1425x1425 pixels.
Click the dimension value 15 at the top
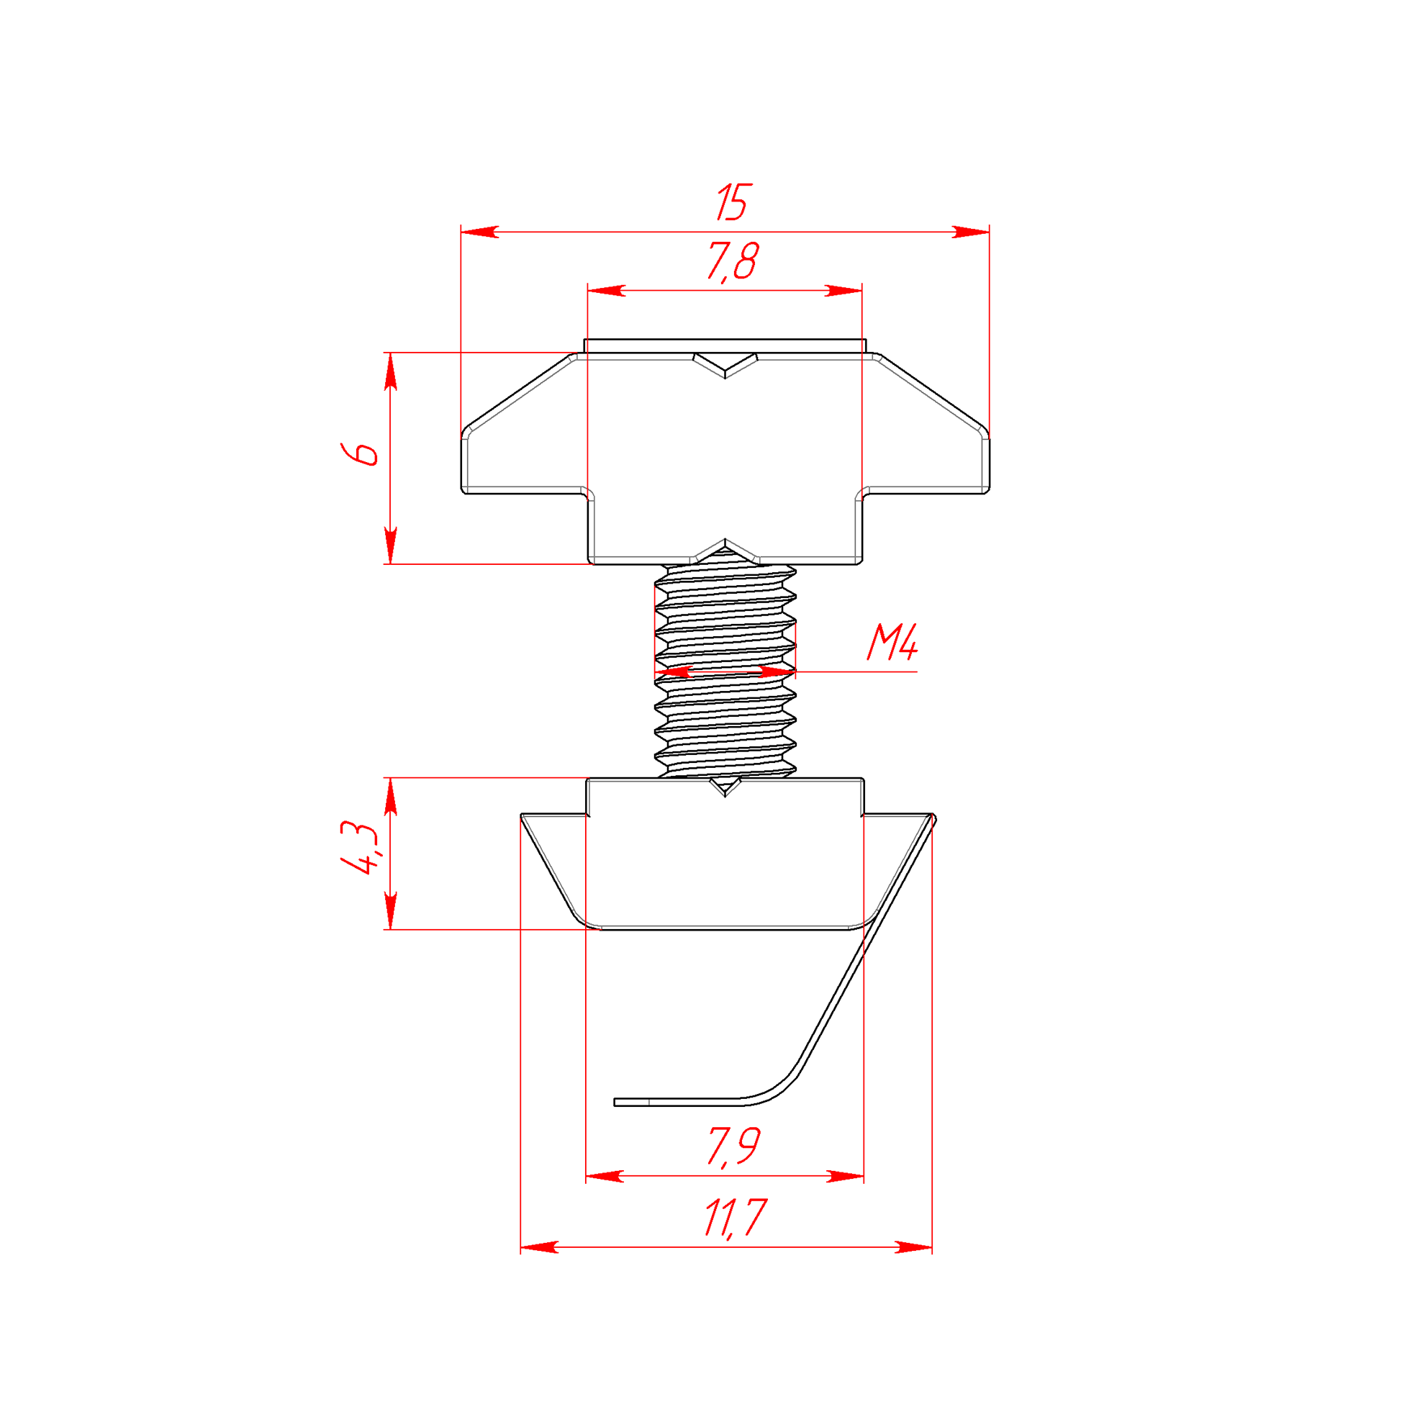click(733, 202)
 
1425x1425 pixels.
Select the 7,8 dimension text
click(733, 262)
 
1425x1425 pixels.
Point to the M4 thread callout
click(892, 643)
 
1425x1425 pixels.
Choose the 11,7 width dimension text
click(735, 1218)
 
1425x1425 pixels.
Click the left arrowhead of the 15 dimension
click(480, 232)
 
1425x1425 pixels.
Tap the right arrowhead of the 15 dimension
click(970, 232)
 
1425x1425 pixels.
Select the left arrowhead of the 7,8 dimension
click(606, 291)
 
